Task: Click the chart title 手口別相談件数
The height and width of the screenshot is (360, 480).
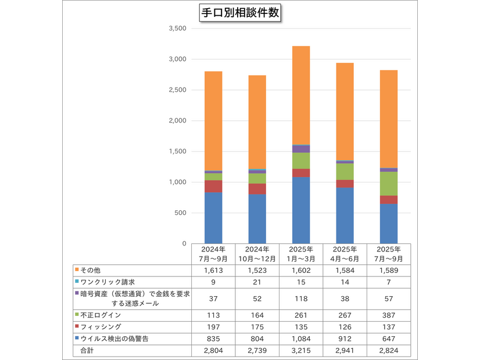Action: point(240,13)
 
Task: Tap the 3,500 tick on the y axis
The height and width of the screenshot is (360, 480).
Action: point(175,28)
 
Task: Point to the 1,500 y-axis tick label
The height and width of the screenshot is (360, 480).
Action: point(175,152)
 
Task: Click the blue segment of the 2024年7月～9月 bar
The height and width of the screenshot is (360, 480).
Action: point(213,218)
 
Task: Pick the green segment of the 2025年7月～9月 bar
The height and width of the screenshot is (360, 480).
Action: point(388,183)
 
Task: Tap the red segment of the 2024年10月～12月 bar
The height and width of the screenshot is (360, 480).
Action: point(257,189)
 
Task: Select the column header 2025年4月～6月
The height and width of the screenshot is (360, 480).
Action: point(345,253)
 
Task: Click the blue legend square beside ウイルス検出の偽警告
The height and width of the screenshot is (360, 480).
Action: point(76,339)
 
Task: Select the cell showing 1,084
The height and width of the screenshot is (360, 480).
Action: point(301,339)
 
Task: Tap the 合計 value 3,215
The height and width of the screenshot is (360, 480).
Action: point(301,351)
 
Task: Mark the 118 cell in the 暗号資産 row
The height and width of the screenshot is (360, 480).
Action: point(301,299)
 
